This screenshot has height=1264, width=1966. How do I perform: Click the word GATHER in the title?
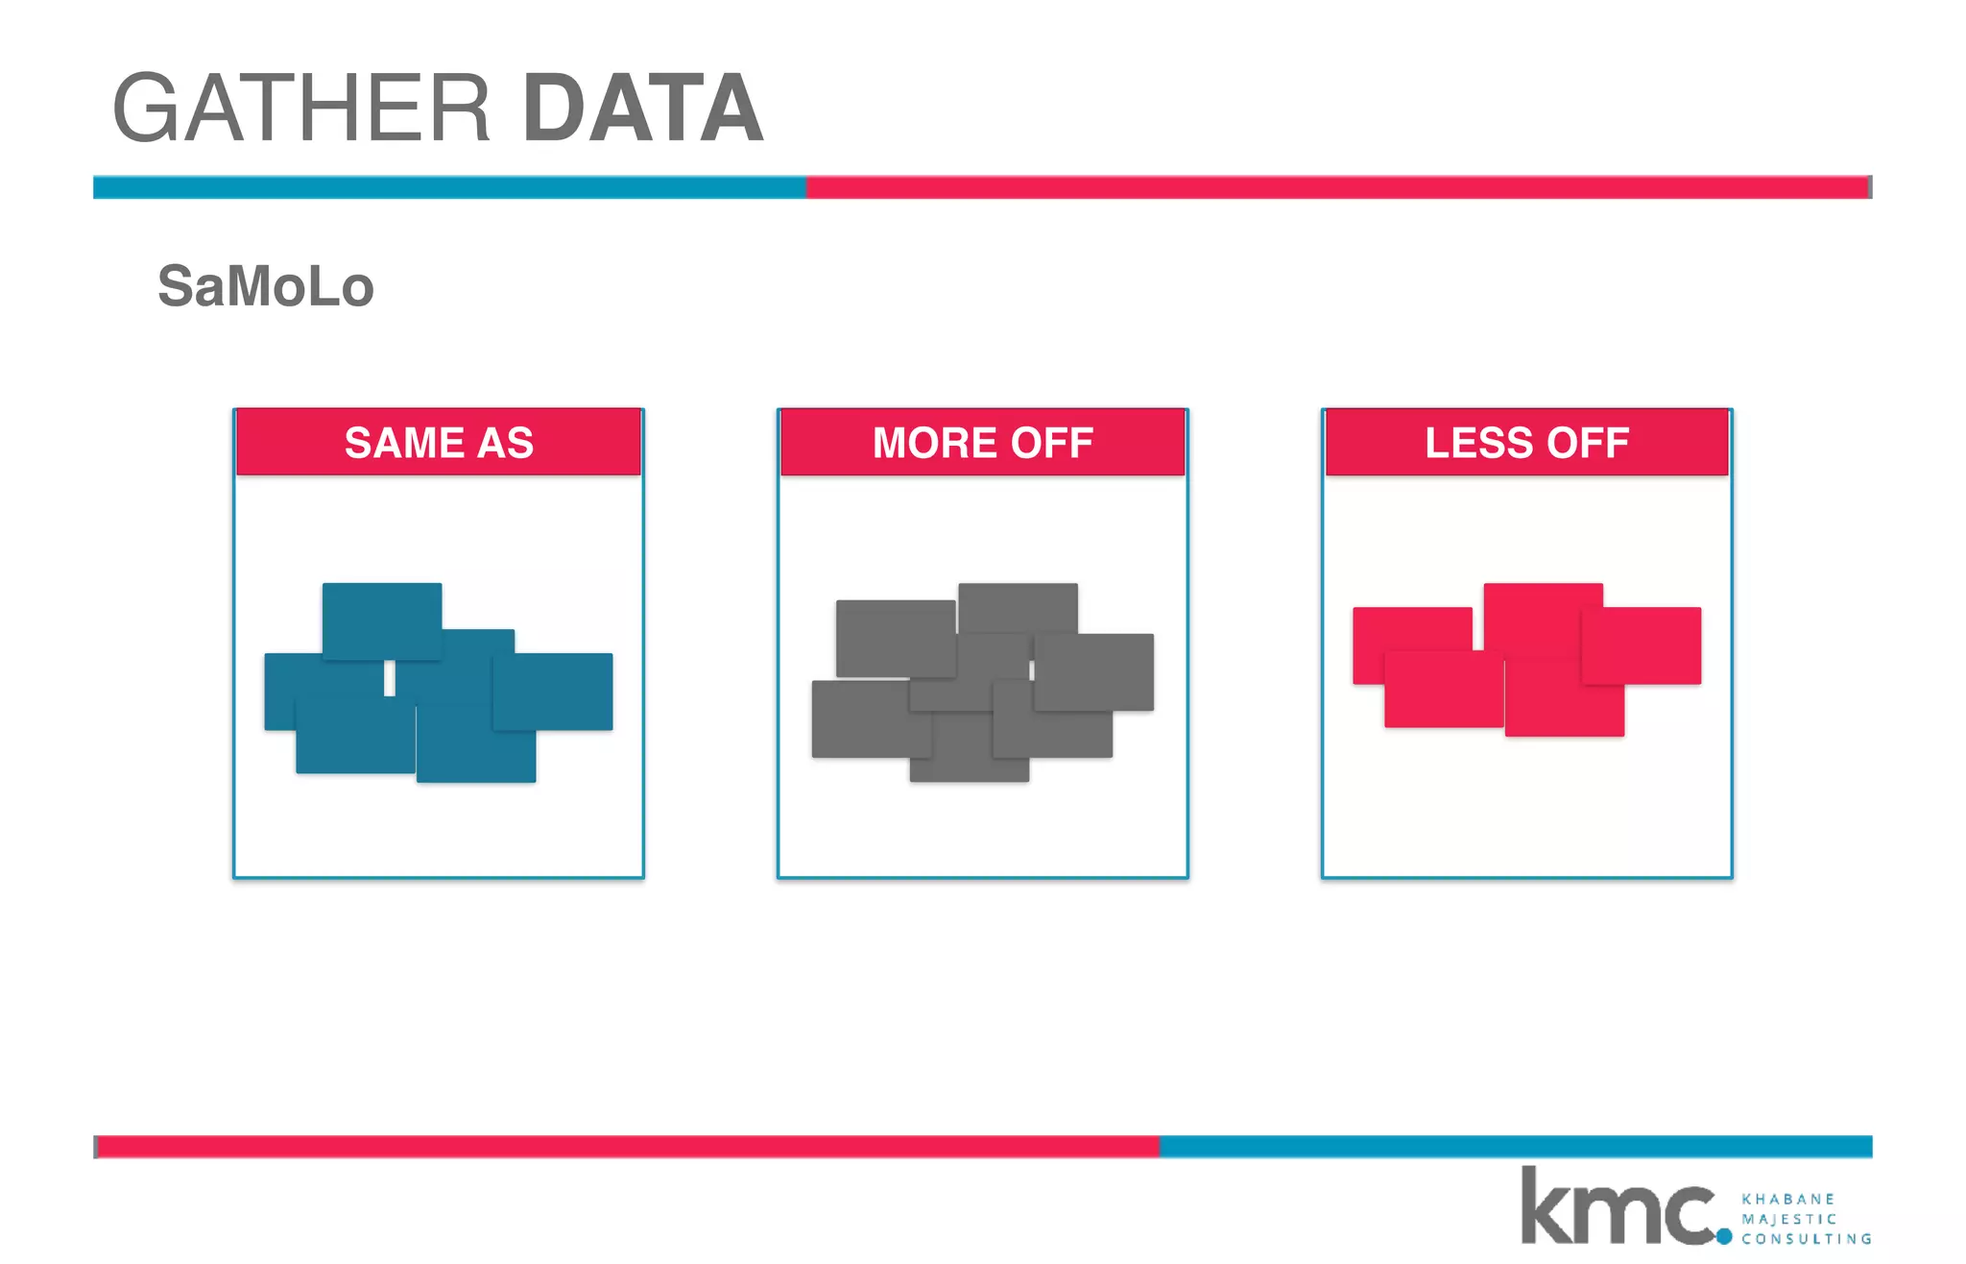click(x=301, y=109)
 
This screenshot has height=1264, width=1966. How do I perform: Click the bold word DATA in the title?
click(x=643, y=109)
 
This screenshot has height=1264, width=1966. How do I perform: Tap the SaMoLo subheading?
click(x=266, y=286)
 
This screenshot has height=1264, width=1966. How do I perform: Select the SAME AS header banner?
click(x=439, y=443)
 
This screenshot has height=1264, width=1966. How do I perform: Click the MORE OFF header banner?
click(x=983, y=443)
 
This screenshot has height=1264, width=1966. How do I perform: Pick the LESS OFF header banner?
click(x=1526, y=443)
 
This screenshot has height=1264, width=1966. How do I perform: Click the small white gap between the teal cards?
click(x=390, y=678)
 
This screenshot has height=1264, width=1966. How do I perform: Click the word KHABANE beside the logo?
click(x=1787, y=1199)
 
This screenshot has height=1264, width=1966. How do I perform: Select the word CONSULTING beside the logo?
click(x=1807, y=1239)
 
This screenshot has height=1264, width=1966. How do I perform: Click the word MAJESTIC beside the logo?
click(x=1789, y=1219)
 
